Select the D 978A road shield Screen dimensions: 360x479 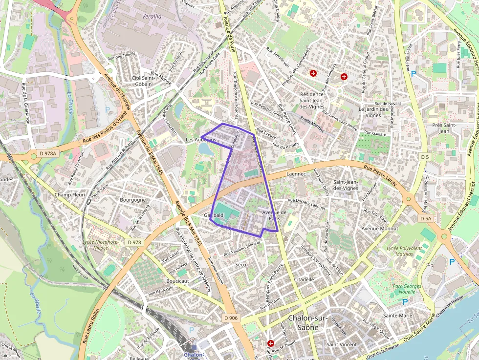(x=48, y=153)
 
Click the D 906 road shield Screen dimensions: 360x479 (x=231, y=318)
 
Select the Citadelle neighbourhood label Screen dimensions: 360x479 (x=304, y=279)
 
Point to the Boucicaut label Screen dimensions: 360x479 (x=177, y=281)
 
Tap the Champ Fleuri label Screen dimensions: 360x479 (x=70, y=194)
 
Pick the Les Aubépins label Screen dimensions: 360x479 (x=201, y=140)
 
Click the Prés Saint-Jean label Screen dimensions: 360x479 (x=444, y=128)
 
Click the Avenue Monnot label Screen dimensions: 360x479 (x=379, y=228)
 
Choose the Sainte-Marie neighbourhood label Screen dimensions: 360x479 (x=398, y=316)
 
